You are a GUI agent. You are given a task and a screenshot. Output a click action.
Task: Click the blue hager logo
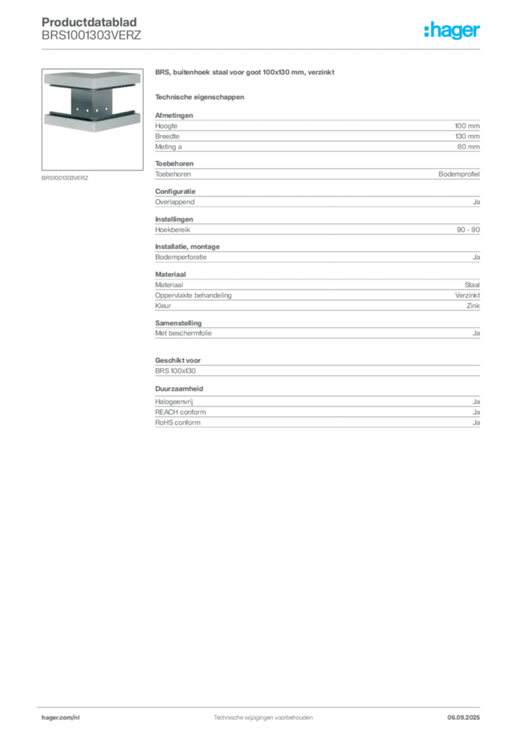(453, 31)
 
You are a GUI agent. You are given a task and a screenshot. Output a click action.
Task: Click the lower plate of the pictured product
(89, 122)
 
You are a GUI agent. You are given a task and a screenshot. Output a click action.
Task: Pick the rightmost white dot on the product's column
(102, 111)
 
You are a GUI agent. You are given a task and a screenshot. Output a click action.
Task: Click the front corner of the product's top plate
(90, 88)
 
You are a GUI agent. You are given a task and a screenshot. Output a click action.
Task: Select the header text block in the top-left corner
(91, 29)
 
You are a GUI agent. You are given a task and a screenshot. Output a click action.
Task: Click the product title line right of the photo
(243, 74)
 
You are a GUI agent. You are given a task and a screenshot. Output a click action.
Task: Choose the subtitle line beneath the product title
(200, 97)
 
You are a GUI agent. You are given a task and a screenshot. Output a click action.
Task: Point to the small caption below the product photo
(65, 177)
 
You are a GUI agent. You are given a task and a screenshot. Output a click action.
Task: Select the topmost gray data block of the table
(317, 132)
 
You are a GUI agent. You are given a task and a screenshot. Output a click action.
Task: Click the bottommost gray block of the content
(317, 414)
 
